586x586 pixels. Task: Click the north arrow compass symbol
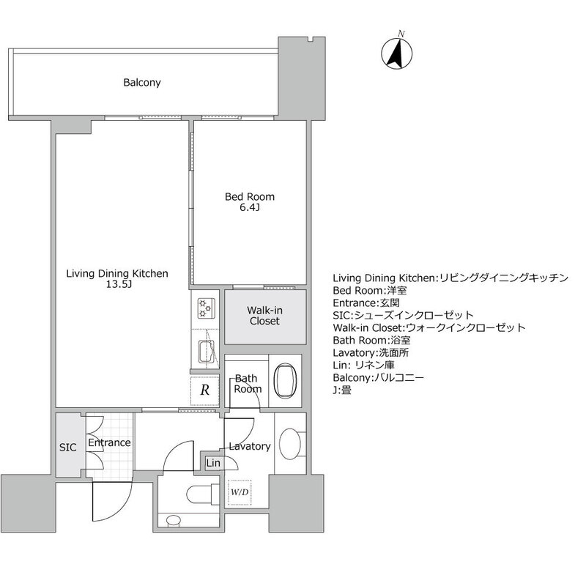click(396, 53)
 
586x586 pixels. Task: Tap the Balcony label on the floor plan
click(142, 83)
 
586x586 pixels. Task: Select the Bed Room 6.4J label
click(250, 202)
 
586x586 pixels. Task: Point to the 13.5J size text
click(119, 284)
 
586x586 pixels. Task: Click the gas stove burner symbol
click(206, 308)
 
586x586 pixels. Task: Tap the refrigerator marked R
click(204, 390)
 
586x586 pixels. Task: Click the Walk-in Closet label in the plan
click(264, 316)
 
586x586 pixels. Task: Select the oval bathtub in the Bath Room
click(285, 380)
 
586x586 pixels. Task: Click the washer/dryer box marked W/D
click(240, 492)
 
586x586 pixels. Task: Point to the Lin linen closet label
click(213, 463)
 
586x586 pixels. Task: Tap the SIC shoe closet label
click(67, 448)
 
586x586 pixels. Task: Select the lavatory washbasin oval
click(290, 444)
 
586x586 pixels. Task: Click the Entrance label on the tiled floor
click(109, 443)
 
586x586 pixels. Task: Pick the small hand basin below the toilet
click(173, 520)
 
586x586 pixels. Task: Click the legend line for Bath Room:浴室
click(371, 341)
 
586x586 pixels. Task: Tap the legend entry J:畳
click(342, 390)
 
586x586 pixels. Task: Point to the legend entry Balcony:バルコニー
click(378, 377)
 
